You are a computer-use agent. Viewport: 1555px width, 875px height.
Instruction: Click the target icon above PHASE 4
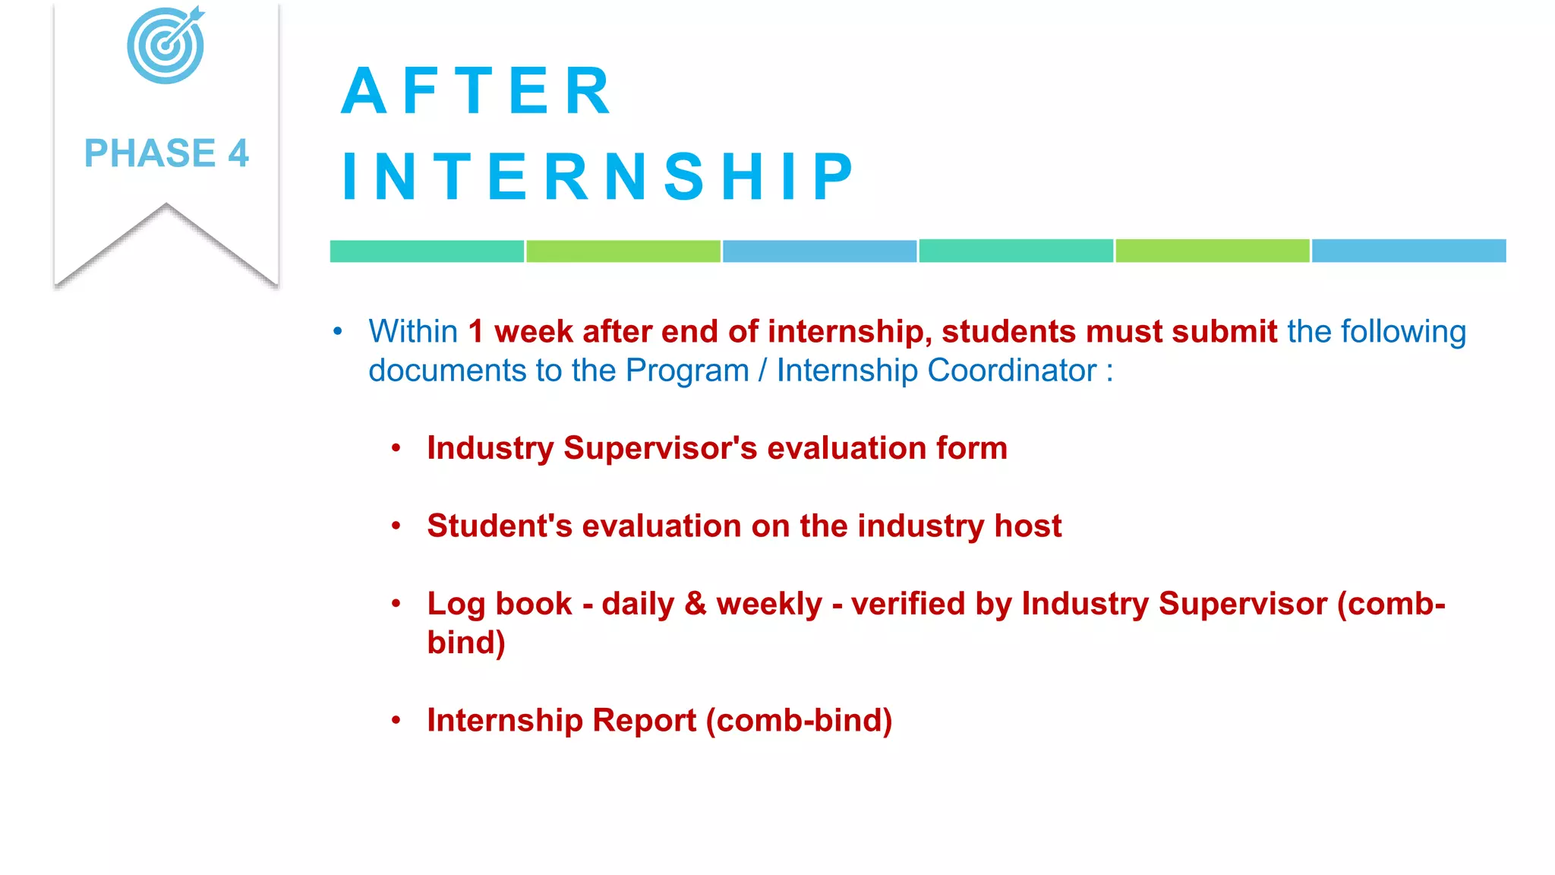[x=166, y=46]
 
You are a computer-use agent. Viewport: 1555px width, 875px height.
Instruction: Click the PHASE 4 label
[x=166, y=153]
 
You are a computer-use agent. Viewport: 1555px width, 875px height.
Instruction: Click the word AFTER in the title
[x=476, y=91]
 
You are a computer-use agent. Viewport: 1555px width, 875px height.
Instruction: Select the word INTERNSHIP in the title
[x=598, y=176]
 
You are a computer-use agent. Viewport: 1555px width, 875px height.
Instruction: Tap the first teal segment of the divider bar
[x=427, y=251]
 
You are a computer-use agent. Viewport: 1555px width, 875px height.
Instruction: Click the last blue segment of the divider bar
[x=1408, y=251]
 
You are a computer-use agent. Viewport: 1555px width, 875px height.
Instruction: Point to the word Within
[x=413, y=332]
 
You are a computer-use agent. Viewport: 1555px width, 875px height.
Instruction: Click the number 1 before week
[x=476, y=332]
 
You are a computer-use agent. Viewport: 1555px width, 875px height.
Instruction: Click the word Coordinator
[x=1012, y=371]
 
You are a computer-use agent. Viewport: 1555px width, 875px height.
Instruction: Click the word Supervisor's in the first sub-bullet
[x=660, y=448]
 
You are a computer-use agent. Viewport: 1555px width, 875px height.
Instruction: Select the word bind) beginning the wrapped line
[x=465, y=643]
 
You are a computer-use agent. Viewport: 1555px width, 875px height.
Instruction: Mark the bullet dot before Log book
[x=396, y=604]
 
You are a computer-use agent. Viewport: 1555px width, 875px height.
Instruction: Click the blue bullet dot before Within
[x=338, y=332]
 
